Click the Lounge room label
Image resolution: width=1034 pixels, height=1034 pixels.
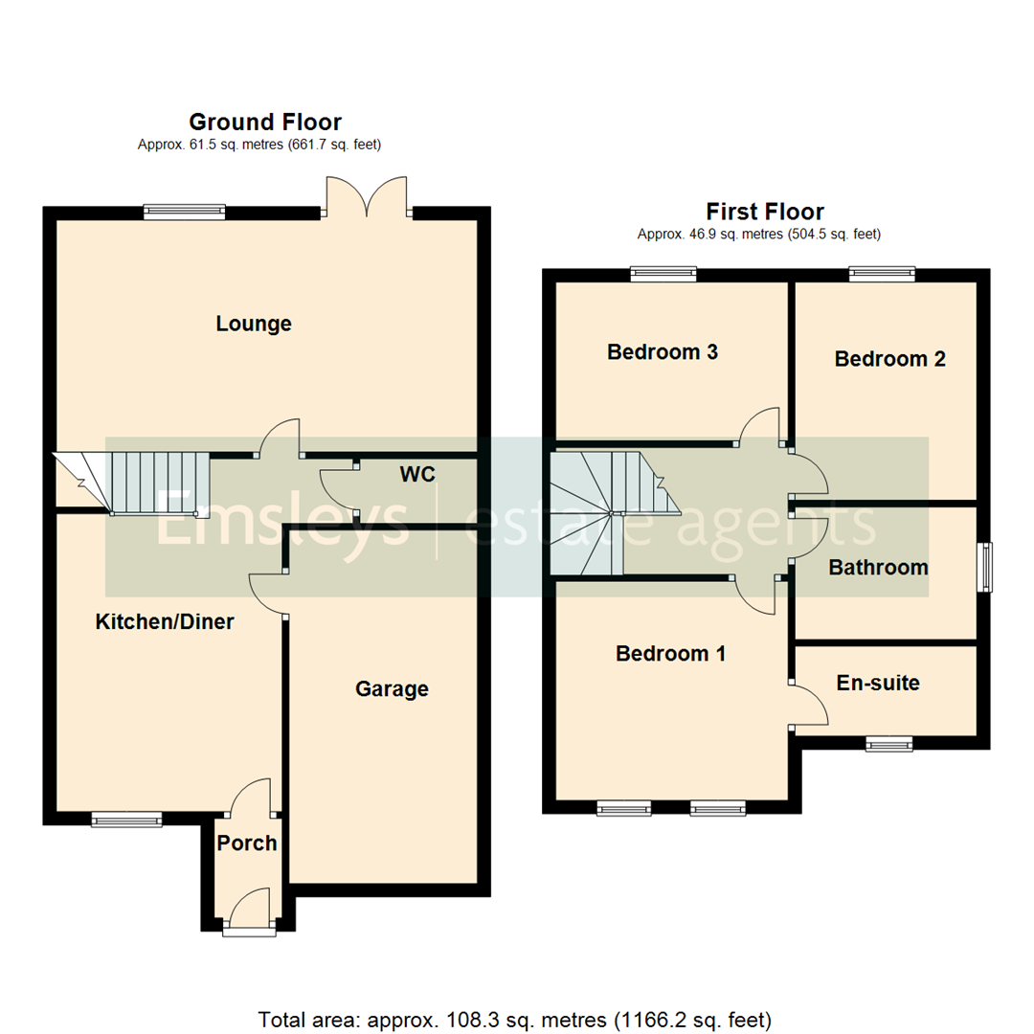coord(253,324)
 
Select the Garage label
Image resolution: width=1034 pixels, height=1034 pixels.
coord(392,688)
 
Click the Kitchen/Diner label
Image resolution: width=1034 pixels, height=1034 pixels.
coord(165,621)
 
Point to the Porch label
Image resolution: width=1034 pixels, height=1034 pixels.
coord(246,843)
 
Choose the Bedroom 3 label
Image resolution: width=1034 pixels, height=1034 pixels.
coord(663,351)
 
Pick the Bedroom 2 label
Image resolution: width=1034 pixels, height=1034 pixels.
coord(889,359)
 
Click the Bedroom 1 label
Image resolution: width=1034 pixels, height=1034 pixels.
coord(670,654)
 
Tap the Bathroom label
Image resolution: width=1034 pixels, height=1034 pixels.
coord(878,567)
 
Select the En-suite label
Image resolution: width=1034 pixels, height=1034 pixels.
coord(877,683)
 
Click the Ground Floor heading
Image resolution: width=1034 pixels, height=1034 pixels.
coord(264,122)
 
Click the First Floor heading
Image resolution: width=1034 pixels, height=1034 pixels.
coord(764,212)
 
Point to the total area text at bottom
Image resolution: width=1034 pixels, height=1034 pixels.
coord(515,1018)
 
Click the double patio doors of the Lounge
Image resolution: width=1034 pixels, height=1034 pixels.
coord(368,196)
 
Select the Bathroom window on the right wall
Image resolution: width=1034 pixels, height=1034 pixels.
coord(983,567)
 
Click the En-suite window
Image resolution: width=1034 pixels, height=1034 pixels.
coord(889,744)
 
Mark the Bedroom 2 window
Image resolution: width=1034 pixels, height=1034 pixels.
coord(882,275)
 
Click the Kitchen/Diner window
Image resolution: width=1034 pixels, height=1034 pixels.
coord(126,819)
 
